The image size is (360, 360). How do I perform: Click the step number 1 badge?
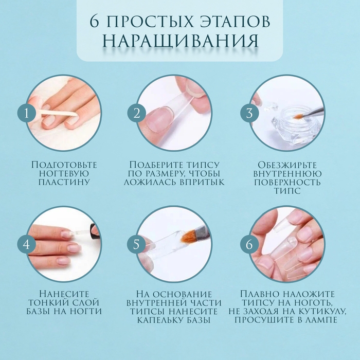27,113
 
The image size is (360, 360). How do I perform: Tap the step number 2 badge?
137,113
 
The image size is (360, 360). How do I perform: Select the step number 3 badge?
249,113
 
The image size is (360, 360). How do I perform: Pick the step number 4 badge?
27,244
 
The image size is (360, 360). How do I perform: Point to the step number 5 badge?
136,244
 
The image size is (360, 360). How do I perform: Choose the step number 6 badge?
249,244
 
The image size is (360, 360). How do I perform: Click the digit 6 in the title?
94,22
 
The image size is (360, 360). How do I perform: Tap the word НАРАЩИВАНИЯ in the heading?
181,41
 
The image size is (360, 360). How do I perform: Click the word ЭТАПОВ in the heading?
233,22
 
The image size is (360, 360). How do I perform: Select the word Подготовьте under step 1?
64,165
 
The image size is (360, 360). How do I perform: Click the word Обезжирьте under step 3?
287,165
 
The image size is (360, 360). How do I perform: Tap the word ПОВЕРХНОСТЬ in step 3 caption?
287,182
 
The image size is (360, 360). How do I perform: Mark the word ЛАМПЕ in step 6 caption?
322,320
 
